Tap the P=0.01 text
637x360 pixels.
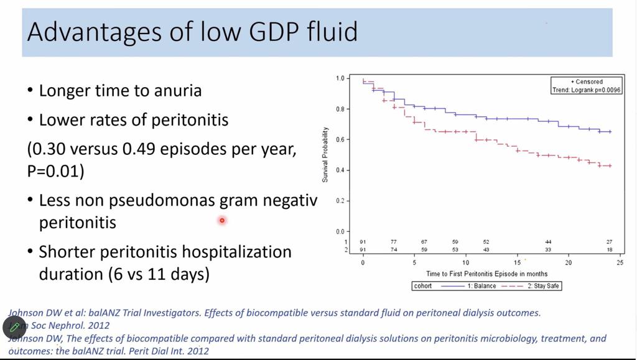pos(55,171)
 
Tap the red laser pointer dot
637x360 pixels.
pos(221,220)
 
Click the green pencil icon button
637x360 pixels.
pos(14,326)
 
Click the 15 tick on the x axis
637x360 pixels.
pos(517,262)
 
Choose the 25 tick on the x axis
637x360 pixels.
pos(620,262)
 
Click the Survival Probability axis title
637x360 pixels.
pos(325,155)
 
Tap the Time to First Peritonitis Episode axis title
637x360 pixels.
pos(486,274)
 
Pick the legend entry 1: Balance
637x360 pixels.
pos(482,286)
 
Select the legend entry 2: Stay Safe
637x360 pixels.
pos(543,286)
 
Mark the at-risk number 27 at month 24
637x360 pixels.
pos(610,242)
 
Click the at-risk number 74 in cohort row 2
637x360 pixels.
pos(394,249)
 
